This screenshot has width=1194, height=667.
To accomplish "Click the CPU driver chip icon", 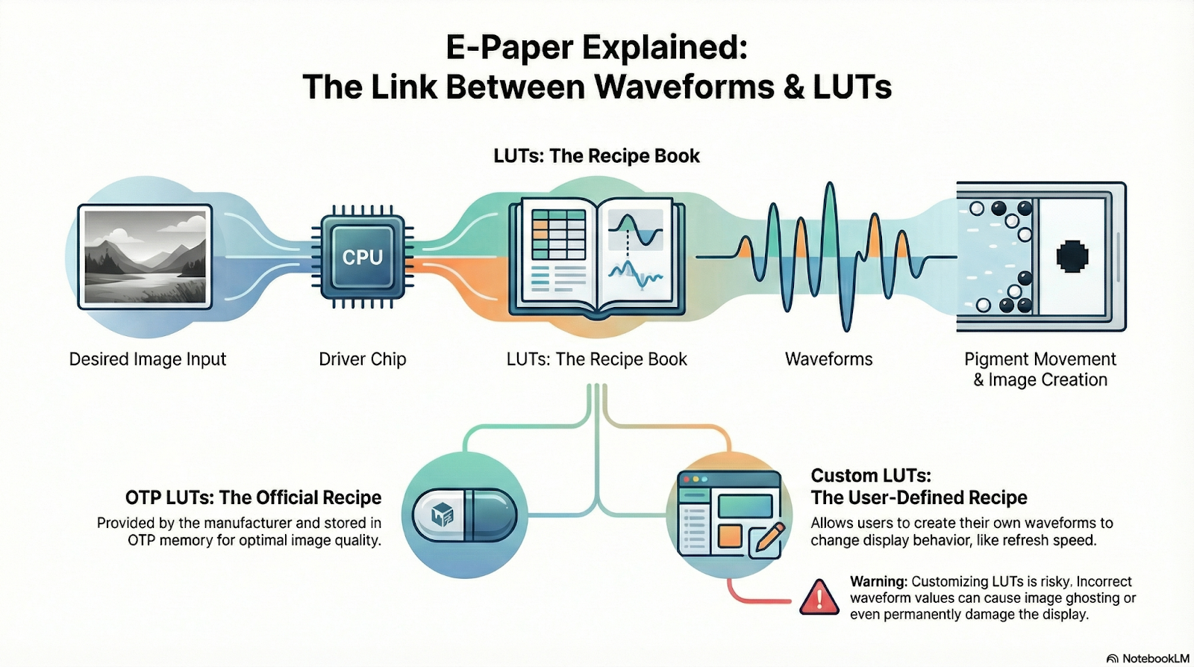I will pyautogui.click(x=362, y=258).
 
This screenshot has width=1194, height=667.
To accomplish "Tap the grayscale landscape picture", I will pyautogui.click(x=146, y=256).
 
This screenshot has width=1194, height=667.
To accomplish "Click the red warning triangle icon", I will pyautogui.click(x=819, y=598).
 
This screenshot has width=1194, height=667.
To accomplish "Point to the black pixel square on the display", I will pyautogui.click(x=1072, y=256).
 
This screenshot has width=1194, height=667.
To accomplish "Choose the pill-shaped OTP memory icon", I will pyautogui.click(x=464, y=515).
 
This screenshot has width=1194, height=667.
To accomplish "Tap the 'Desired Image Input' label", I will pyautogui.click(x=147, y=359).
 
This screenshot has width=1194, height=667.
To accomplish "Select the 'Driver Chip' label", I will pyautogui.click(x=362, y=359).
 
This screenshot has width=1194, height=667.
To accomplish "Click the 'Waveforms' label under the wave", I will pyautogui.click(x=828, y=359).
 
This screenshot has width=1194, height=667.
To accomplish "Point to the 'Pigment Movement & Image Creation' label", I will pyautogui.click(x=1040, y=370).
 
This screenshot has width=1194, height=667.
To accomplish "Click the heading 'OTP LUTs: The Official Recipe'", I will pyautogui.click(x=253, y=497).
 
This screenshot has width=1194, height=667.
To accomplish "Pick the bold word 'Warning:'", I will pyautogui.click(x=878, y=582).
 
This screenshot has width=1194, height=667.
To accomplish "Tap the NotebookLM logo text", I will pyautogui.click(x=1155, y=658).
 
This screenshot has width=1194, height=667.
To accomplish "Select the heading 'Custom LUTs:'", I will pyautogui.click(x=871, y=476).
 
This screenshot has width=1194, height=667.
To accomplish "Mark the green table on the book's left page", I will pyautogui.click(x=558, y=234).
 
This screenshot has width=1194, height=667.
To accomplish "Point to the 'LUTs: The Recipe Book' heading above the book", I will pyautogui.click(x=596, y=156).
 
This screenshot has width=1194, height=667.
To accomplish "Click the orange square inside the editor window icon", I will pyautogui.click(x=729, y=536).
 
